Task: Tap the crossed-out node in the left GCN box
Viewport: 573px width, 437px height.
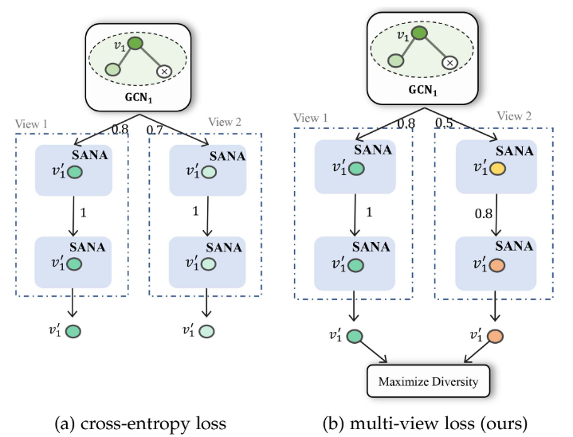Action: (x=165, y=72)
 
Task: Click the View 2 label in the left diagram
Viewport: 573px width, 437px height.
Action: (x=228, y=122)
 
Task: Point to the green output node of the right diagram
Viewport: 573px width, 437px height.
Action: (x=355, y=337)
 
